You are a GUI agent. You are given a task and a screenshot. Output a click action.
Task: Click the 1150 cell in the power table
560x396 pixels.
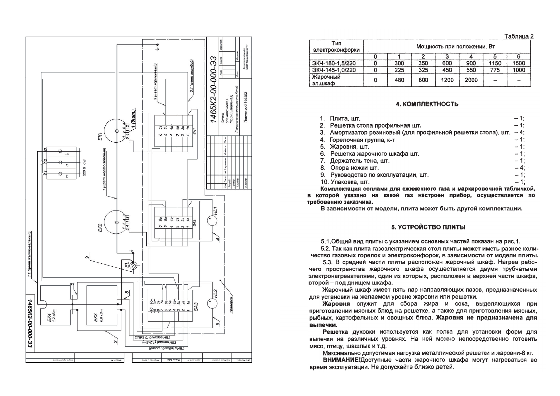[x=495, y=63]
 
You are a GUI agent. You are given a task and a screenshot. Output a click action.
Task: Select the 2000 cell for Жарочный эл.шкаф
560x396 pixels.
[x=471, y=80]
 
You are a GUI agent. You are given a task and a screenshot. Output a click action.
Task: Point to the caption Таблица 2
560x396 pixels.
[x=519, y=37]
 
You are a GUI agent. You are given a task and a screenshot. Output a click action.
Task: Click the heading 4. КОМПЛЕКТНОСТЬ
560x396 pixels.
[x=427, y=104]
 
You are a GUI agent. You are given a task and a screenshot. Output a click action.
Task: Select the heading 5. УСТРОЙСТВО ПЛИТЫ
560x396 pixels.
[x=428, y=227]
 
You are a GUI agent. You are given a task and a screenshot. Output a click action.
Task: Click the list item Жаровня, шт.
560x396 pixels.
[x=349, y=147]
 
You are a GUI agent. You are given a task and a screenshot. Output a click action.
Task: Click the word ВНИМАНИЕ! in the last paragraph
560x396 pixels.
[x=342, y=360]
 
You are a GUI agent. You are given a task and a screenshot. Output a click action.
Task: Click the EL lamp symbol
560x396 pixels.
[x=133, y=266]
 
